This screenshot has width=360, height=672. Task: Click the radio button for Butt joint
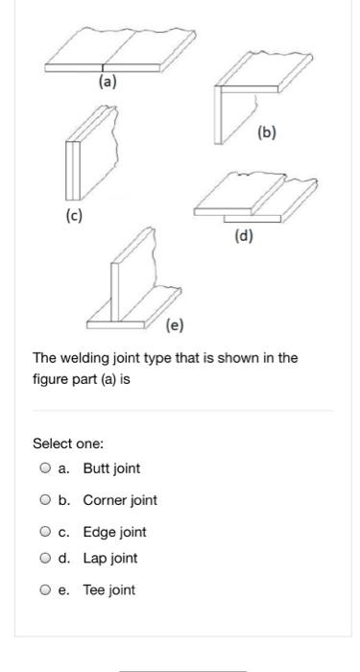coord(45,468)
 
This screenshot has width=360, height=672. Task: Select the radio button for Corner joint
coord(45,500)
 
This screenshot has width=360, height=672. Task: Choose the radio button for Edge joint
coord(45,532)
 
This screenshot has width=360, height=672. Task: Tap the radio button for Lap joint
coord(45,559)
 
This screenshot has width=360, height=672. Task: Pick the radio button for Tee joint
coord(45,590)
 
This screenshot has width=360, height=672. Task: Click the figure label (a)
coord(108,81)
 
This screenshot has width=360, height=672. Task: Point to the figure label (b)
coord(267,132)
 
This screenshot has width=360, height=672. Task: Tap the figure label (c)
coord(74,216)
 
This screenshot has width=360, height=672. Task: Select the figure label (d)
coord(244,235)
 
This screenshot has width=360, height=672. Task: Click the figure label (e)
coord(175,325)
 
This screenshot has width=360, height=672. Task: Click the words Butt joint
coord(111,468)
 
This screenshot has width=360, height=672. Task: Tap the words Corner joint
coord(120,500)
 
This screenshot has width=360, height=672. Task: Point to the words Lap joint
coord(110,559)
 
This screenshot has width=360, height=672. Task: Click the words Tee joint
coord(108,590)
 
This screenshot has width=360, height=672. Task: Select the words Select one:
coord(68,444)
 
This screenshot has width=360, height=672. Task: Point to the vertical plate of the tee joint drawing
coord(133,275)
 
